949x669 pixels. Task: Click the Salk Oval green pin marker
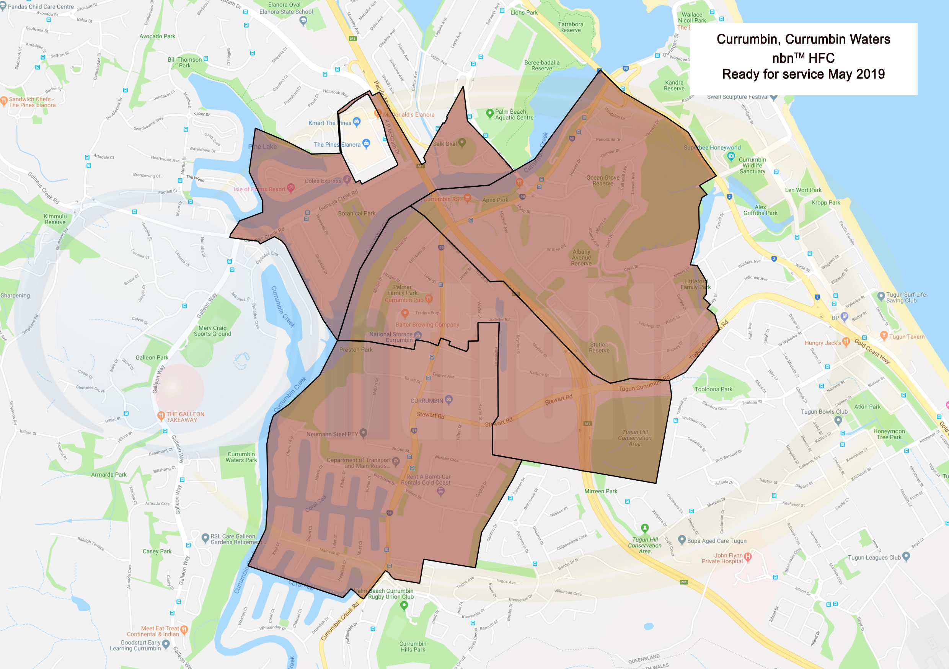[x=462, y=143]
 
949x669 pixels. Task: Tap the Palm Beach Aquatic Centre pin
[x=490, y=113]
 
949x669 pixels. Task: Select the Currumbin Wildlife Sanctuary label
[x=752, y=165]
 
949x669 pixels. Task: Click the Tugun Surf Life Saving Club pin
[x=881, y=296]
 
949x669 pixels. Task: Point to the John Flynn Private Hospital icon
[x=748, y=556]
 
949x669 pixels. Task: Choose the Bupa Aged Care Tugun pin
[x=682, y=540]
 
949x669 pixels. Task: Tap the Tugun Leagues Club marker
[x=906, y=556]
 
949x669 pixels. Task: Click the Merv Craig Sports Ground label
[x=212, y=331]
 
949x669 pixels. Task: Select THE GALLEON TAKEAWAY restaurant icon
[x=161, y=416]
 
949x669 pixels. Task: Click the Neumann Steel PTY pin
[x=363, y=433]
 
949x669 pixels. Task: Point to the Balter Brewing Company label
[x=427, y=325]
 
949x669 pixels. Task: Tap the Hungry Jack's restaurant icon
[x=846, y=341]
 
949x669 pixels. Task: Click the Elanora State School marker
[x=303, y=21]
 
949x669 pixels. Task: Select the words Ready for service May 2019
[x=803, y=74]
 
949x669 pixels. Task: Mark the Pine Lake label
[x=263, y=146]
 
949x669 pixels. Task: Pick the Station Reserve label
[x=599, y=347]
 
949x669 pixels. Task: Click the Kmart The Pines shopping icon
[x=357, y=122]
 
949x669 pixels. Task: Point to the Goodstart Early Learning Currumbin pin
[x=166, y=644]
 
